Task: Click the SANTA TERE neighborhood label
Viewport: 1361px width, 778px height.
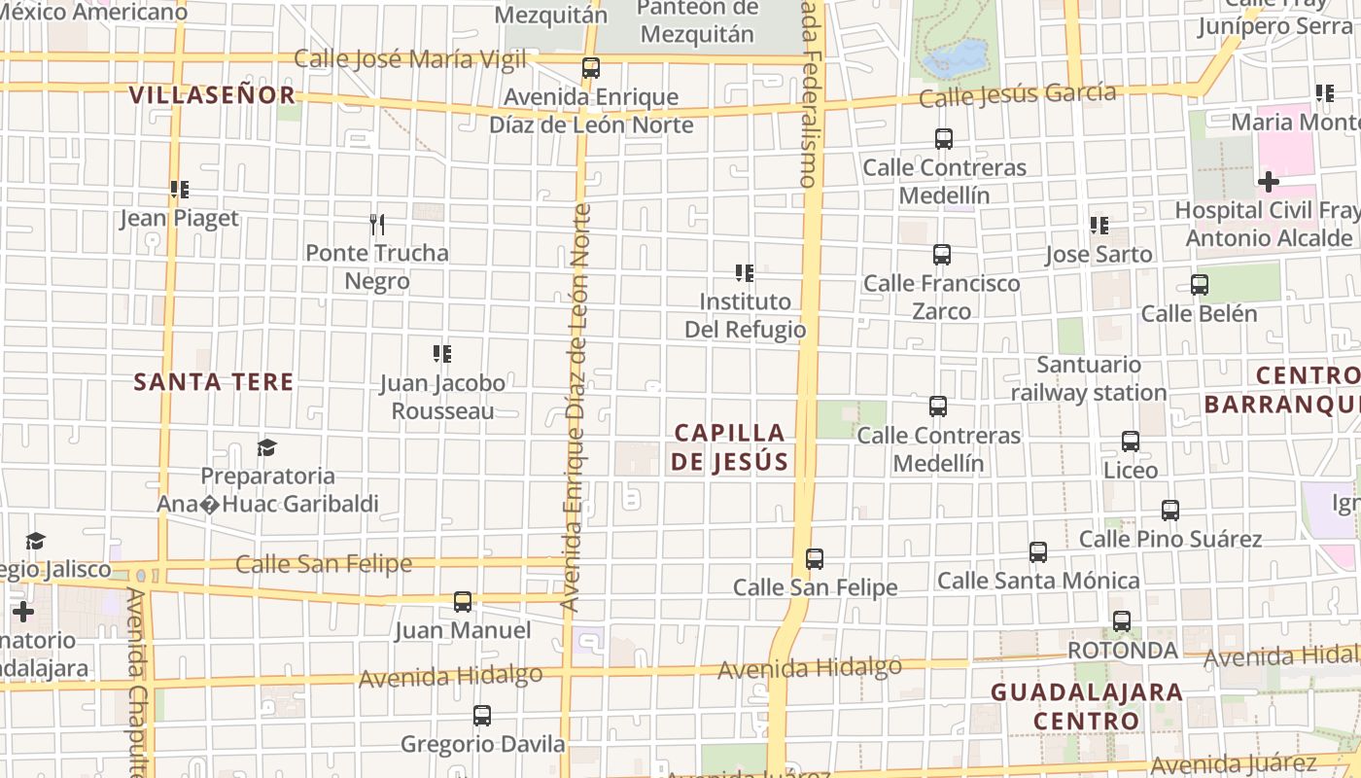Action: tap(214, 381)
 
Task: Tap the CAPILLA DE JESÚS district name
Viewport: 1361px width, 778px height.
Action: tap(729, 447)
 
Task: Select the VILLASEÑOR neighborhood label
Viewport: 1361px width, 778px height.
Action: tap(212, 95)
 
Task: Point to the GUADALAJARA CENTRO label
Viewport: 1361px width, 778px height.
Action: tap(1086, 707)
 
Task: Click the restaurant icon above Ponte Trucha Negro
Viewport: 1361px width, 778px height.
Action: tap(377, 225)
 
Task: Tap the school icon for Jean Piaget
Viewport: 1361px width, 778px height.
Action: tap(179, 190)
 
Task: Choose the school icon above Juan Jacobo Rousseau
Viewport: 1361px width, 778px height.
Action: tap(442, 354)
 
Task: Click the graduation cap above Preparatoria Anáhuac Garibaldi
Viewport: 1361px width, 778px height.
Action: tap(266, 447)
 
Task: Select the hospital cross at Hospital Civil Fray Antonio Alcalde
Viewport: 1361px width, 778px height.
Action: tap(1268, 182)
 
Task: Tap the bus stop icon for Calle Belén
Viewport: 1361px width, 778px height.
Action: tap(1200, 285)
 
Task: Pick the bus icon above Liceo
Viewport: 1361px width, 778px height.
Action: tap(1131, 442)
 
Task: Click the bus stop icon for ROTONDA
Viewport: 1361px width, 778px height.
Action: tap(1122, 621)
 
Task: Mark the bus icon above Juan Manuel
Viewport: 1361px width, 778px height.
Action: tap(463, 602)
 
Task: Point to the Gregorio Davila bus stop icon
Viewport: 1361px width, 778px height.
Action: tap(482, 717)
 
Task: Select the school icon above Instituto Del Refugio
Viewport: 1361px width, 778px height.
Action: tap(745, 273)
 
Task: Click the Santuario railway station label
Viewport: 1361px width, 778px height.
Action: tap(1089, 379)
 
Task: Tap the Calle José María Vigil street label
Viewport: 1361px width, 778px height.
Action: tap(409, 59)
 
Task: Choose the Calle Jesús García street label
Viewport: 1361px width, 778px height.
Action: tap(1017, 95)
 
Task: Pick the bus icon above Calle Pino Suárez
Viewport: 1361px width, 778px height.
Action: tap(1170, 511)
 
